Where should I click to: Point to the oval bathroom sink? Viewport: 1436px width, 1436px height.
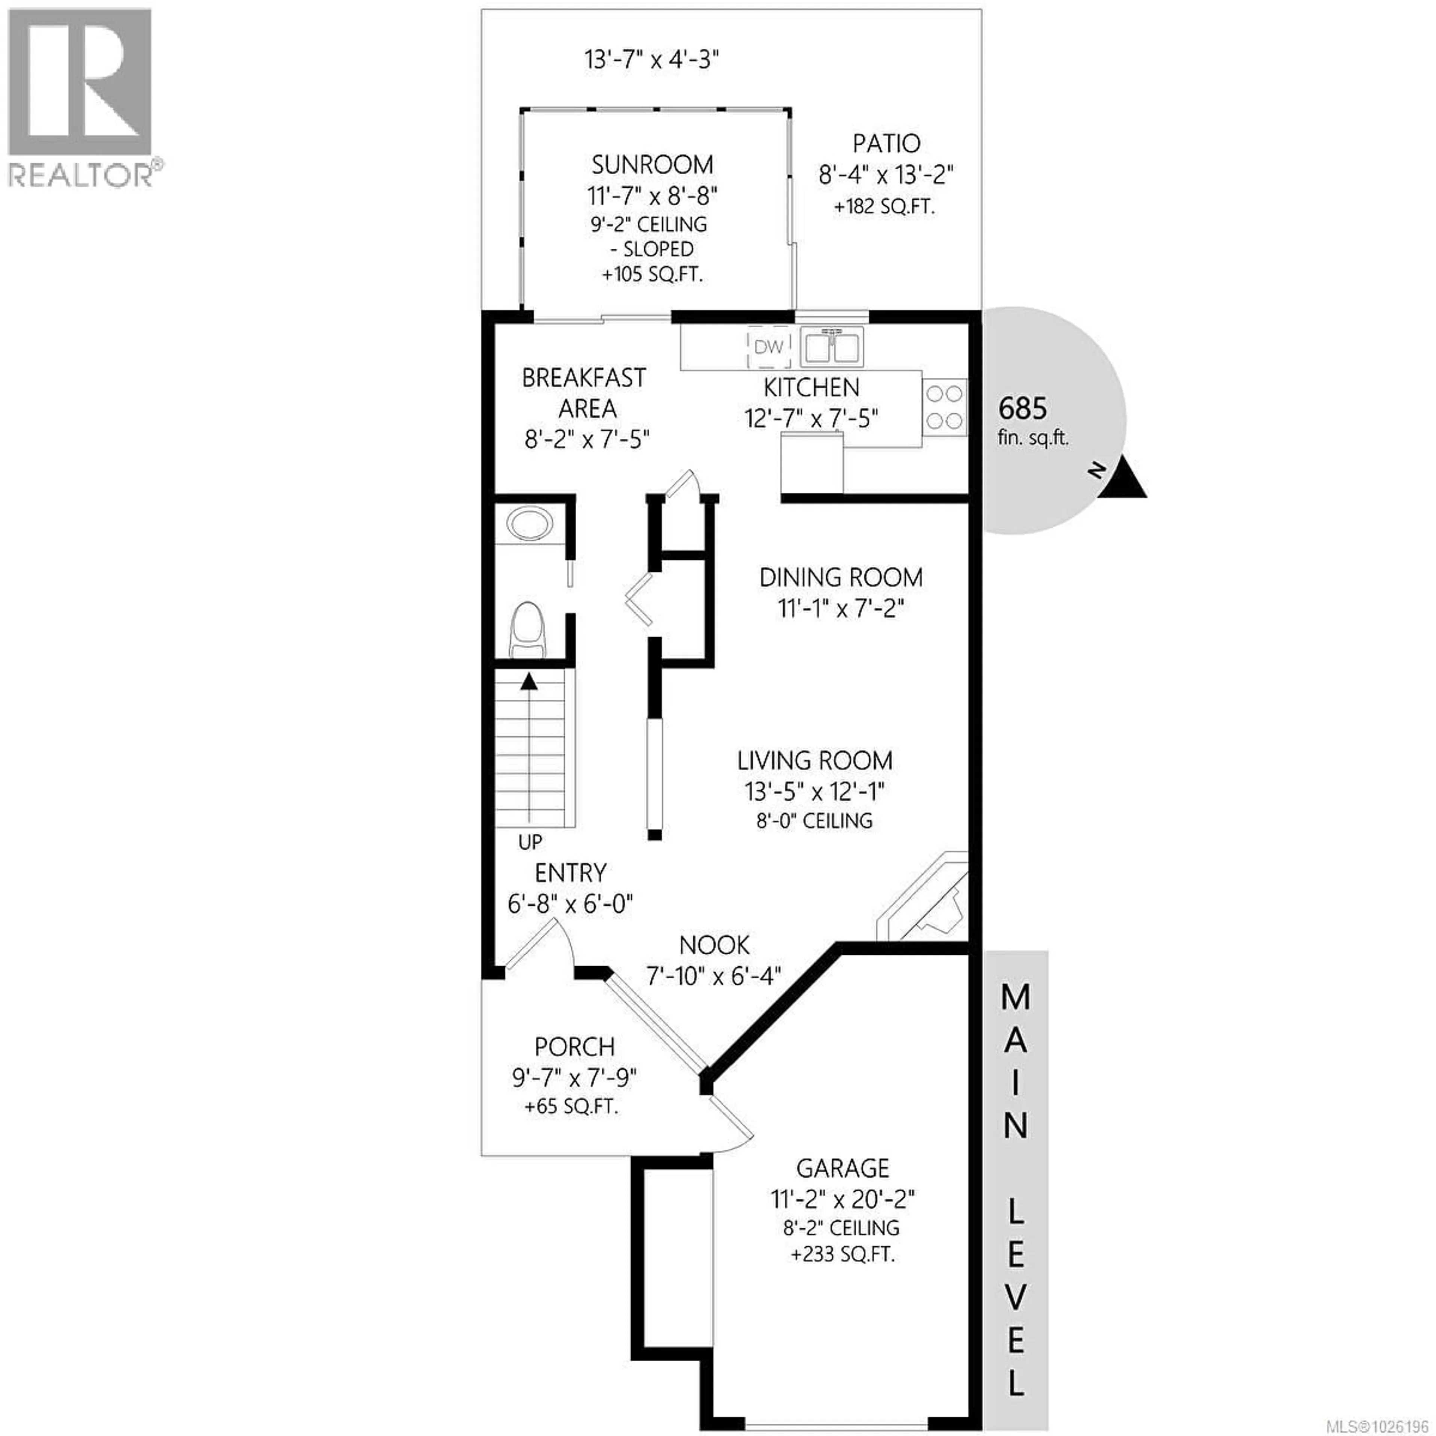[x=529, y=524]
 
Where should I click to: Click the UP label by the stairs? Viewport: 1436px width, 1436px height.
[x=530, y=842]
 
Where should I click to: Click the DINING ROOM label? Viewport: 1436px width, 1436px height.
[x=841, y=577]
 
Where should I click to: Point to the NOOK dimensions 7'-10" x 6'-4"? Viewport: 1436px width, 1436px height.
[x=714, y=975]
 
